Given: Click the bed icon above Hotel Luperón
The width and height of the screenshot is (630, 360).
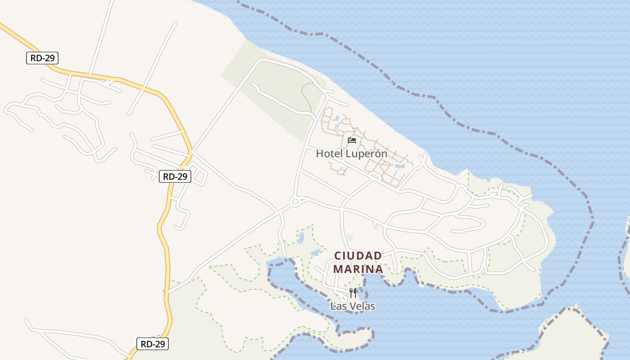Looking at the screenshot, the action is click(x=352, y=140).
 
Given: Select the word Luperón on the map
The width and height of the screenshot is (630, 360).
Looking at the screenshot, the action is click(x=365, y=153).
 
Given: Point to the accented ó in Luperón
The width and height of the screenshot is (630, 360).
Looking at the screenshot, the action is click(x=378, y=153).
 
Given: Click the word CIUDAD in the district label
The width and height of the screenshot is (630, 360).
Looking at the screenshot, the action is click(x=358, y=256).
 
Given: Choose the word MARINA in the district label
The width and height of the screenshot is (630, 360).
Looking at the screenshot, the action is click(x=358, y=269).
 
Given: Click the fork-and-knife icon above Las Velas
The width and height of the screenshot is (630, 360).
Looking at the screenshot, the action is click(x=353, y=293).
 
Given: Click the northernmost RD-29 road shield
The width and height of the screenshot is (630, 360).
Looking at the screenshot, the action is click(x=42, y=58).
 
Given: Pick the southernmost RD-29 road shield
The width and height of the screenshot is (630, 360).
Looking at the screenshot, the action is click(x=153, y=344).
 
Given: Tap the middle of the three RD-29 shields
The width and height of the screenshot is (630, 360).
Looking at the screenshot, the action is click(x=175, y=176).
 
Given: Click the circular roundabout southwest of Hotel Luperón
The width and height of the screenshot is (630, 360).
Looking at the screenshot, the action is click(x=295, y=202).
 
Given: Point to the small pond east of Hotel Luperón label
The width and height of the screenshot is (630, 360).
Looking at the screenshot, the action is click(x=399, y=166).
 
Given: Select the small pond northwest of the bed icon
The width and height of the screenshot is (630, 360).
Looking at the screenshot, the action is click(x=337, y=118).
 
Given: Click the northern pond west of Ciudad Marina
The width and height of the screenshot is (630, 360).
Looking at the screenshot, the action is click(x=301, y=237).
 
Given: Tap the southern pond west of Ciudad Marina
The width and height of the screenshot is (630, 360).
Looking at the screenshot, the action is click(x=315, y=252).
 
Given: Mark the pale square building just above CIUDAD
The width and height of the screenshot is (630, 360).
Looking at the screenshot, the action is click(x=350, y=238).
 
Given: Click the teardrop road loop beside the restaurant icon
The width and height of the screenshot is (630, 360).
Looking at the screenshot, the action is click(x=342, y=297).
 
